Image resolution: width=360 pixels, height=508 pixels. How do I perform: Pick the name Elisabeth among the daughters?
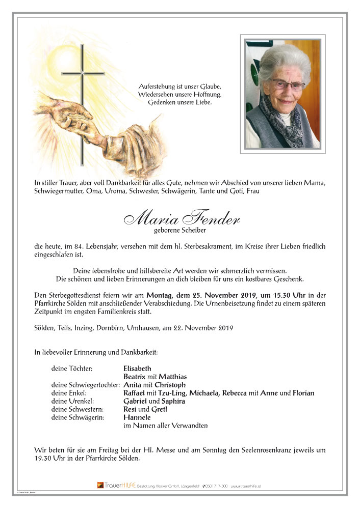coord(137,369)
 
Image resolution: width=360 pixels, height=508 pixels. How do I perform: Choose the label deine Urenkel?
coord(73,401)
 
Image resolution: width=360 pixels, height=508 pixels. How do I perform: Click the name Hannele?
coord(136,417)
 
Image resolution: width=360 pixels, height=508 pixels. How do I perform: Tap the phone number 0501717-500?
coord(214,486)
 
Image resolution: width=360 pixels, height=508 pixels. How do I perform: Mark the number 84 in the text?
coord(73,246)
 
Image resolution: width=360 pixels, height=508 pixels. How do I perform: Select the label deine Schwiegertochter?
coord(86,385)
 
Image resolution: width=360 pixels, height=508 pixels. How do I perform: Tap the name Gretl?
coord(160,409)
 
